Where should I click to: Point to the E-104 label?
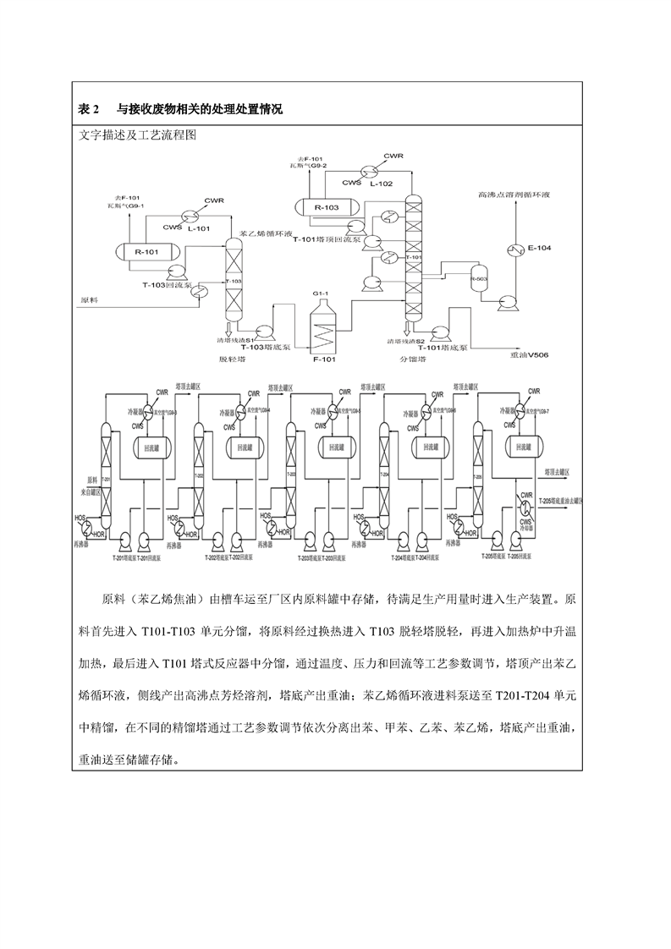coord(539,248)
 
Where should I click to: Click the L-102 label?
coord(381,183)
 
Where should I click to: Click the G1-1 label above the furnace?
coord(320,292)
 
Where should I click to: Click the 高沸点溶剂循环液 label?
coord(514,195)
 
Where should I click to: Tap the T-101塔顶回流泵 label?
coord(327,240)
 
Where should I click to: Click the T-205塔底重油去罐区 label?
coord(561,502)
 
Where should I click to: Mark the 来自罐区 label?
coord(91,491)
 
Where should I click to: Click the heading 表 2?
coord(89,110)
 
